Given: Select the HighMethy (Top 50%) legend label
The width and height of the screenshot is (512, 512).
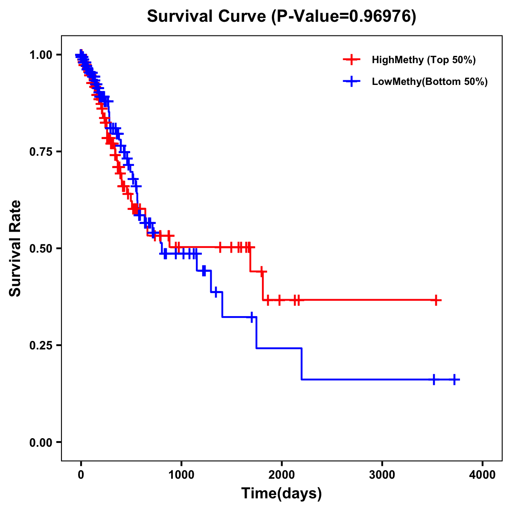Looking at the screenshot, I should tap(423, 60).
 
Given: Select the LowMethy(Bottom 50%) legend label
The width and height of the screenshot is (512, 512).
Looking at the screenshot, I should tap(430, 82).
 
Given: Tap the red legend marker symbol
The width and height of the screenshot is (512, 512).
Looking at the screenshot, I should tap(352, 60).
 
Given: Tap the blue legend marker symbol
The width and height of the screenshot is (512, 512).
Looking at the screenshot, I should tap(352, 81).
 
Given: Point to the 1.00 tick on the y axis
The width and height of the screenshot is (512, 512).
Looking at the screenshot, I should tap(41, 55).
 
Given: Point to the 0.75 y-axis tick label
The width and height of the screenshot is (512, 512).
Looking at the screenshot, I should tap(41, 151).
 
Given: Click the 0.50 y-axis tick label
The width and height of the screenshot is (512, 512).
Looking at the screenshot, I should tap(41, 248).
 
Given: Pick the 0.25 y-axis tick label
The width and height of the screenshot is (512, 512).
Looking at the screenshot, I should tap(41, 345).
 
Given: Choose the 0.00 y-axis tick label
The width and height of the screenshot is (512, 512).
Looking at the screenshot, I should tap(41, 442).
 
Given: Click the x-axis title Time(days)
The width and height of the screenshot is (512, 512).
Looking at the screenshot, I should tap(282, 494).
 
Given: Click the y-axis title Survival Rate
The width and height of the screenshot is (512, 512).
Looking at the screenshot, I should tap(15, 248).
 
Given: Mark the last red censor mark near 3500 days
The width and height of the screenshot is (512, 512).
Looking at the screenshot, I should tap(436, 300).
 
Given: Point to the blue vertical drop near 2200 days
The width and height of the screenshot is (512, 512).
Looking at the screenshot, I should tap(302, 364).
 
